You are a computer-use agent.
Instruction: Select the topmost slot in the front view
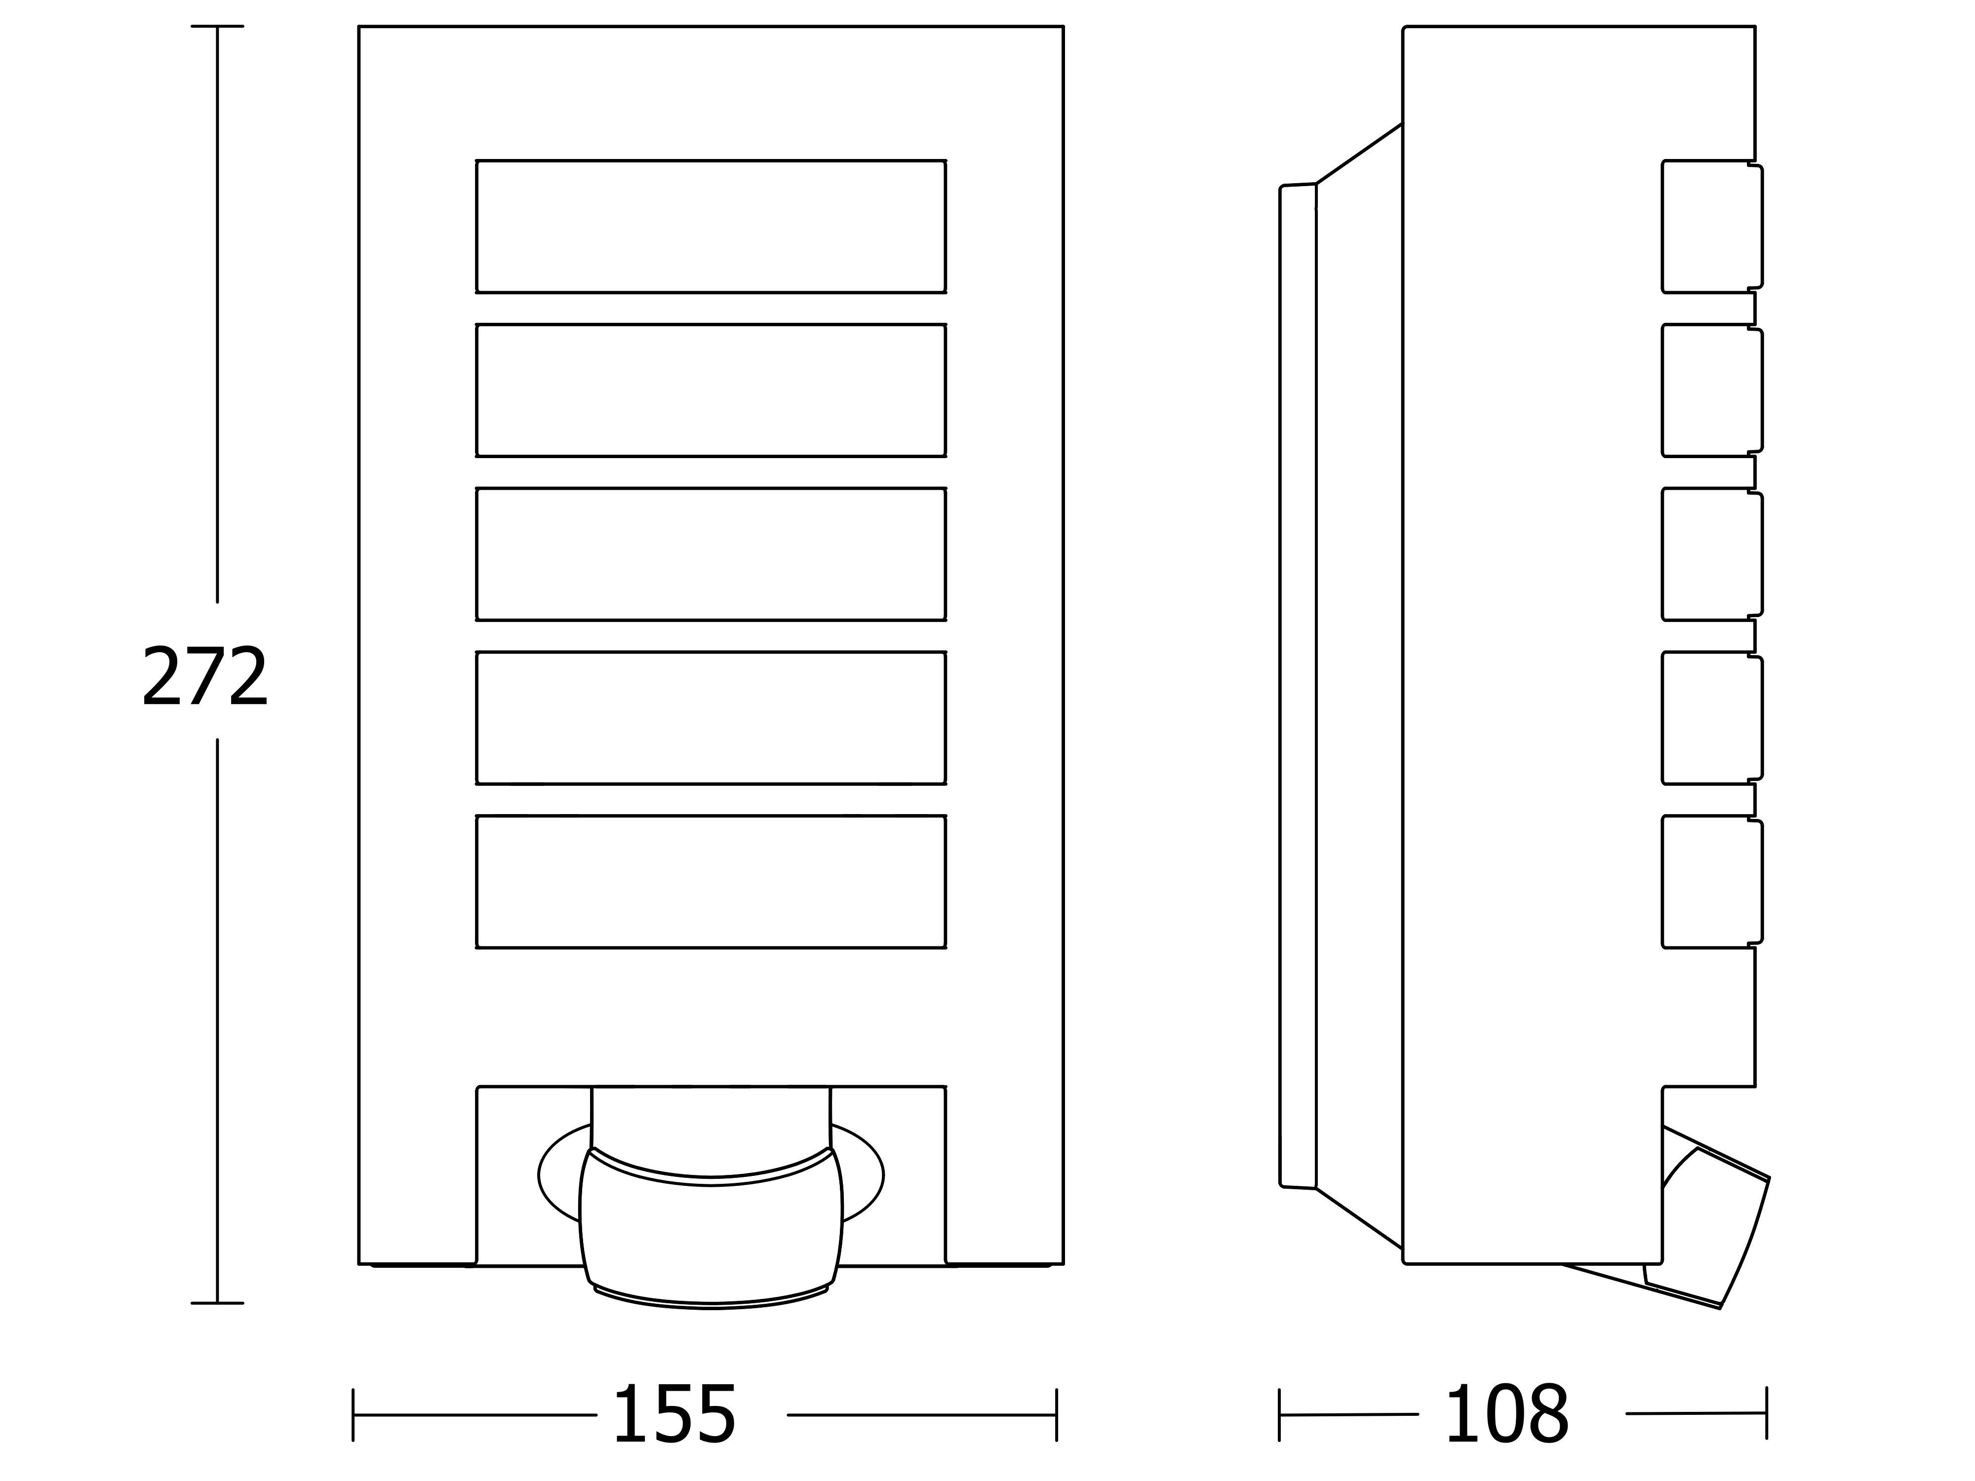pyautogui.click(x=711, y=227)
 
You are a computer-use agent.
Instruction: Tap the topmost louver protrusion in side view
pyautogui.click(x=1712, y=227)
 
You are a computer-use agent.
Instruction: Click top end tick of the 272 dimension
pyautogui.click(x=217, y=27)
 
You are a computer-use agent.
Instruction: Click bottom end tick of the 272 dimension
pyautogui.click(x=217, y=1303)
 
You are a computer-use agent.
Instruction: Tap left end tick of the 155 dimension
pyautogui.click(x=354, y=1415)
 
